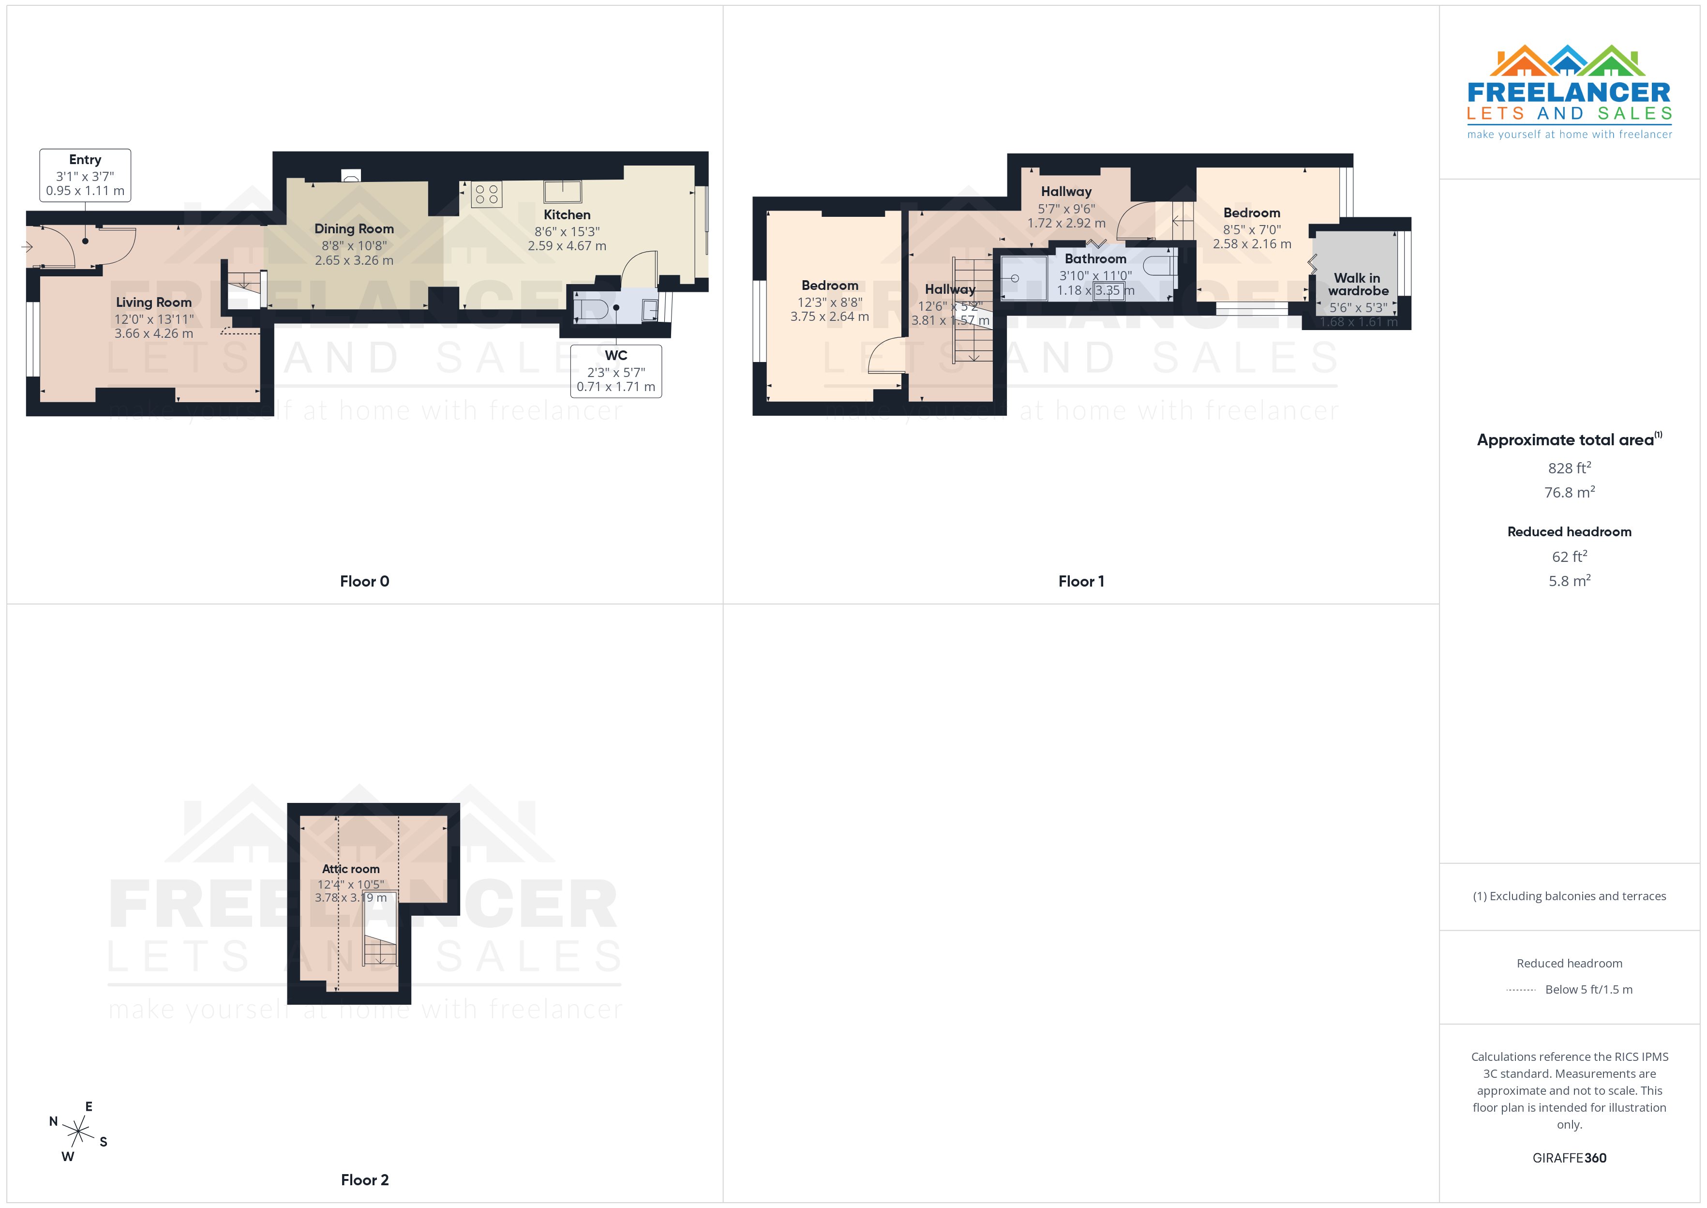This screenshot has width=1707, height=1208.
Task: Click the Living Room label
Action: tap(153, 302)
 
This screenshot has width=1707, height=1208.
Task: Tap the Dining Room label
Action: tap(354, 228)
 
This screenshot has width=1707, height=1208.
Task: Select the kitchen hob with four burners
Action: tap(486, 194)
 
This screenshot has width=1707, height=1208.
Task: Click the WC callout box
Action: tap(615, 370)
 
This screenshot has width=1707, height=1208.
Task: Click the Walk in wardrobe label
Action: tap(1358, 284)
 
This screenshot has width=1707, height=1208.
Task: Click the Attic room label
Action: tap(350, 869)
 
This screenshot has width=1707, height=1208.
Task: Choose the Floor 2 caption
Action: tap(364, 1180)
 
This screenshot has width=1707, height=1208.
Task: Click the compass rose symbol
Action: tap(78, 1132)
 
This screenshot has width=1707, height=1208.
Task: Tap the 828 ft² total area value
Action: tap(1570, 468)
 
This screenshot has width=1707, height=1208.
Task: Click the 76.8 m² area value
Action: tap(1570, 492)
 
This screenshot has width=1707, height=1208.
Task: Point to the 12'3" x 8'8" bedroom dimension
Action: tap(830, 302)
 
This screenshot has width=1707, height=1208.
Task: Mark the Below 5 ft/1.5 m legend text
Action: tap(1589, 989)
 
